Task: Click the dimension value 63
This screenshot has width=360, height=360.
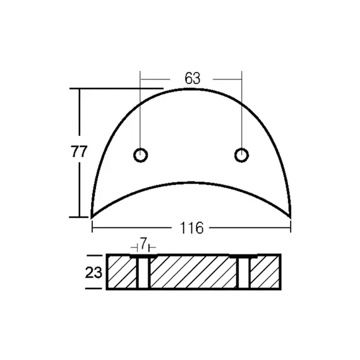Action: click(193, 78)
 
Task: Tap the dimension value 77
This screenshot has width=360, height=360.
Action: click(79, 152)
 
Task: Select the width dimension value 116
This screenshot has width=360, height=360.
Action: click(191, 228)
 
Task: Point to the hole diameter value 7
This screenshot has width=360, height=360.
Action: click(143, 244)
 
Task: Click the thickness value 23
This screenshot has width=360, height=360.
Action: click(93, 272)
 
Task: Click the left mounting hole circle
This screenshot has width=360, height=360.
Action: click(140, 155)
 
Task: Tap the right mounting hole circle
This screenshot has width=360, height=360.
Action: click(241, 155)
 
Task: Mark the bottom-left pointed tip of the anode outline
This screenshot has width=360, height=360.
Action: click(92, 218)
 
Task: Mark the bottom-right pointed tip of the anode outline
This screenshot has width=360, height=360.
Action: click(291, 218)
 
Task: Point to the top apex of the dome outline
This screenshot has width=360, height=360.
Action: click(191, 88)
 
